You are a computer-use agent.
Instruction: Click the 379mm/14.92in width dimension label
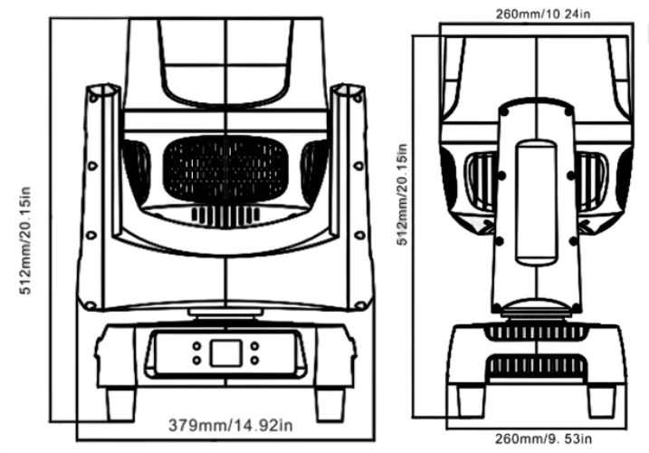230,424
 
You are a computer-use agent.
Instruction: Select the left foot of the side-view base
471,399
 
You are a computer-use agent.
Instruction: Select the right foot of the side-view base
602,399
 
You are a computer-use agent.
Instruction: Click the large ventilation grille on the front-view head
224,170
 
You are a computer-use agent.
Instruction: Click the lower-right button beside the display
254,360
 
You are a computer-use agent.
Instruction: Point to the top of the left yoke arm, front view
102,91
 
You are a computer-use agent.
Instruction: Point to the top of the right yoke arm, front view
348,91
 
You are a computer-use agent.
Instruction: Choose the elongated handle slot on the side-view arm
536,190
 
